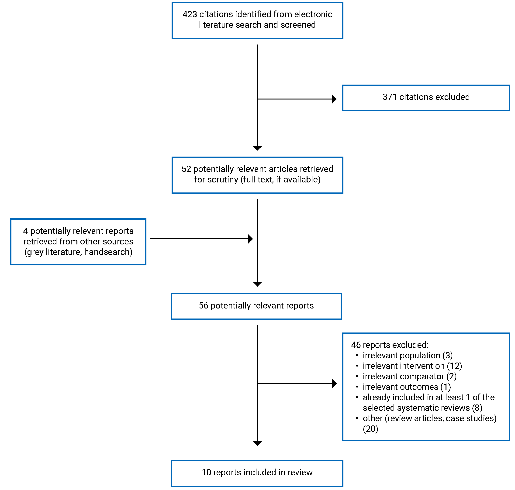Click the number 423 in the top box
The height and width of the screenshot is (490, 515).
coord(190,14)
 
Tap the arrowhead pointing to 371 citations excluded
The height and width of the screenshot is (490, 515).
coord(334,99)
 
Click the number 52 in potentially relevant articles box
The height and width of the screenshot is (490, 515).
coord(186,169)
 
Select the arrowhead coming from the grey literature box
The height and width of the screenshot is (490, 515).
coord(250,239)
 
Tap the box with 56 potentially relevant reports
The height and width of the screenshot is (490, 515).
coord(256,306)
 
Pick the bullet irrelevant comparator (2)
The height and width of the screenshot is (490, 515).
coord(409,376)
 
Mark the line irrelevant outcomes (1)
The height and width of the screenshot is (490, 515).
coord(406,387)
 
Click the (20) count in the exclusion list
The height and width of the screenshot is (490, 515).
coord(370,429)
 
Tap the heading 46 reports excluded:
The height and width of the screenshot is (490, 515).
coord(389,345)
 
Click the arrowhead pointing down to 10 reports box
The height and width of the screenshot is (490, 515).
coord(257,443)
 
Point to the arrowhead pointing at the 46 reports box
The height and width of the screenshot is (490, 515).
coord(334,384)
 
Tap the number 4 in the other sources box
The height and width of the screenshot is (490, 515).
coord(25,231)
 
